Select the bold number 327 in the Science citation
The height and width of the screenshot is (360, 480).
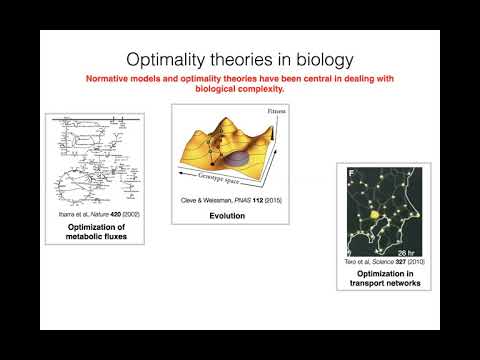click(x=391, y=260)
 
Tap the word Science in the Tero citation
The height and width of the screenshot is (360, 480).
click(x=372, y=260)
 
